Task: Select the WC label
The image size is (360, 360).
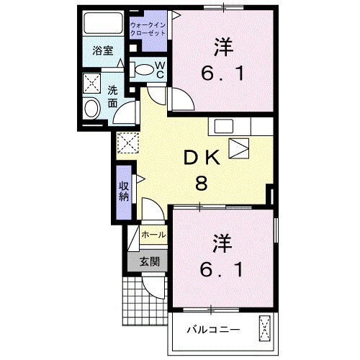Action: [161, 69]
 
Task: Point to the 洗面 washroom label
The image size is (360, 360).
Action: [113, 96]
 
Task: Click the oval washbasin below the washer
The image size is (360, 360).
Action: [93, 109]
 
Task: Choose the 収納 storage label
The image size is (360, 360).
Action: [124, 191]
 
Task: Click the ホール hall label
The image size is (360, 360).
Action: [153, 235]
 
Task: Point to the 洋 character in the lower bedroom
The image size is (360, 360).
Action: [222, 243]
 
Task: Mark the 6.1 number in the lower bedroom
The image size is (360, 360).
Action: [222, 269]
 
